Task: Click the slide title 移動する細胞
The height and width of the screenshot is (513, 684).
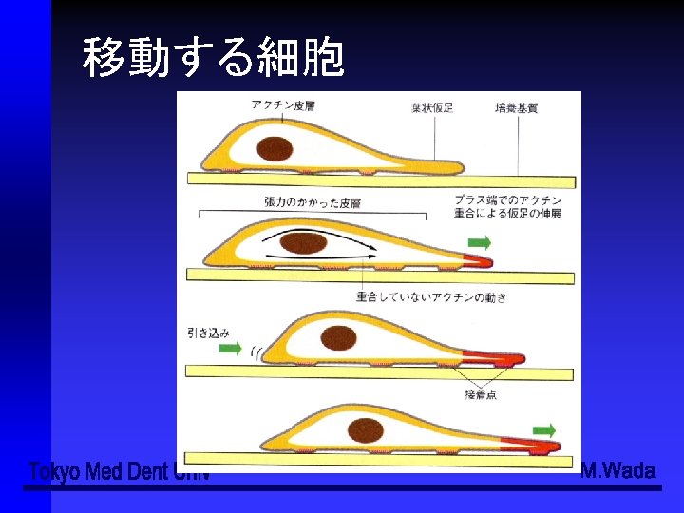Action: [213, 57]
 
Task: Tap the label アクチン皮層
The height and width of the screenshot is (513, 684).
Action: [285, 104]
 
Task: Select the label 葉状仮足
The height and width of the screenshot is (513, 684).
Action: [433, 107]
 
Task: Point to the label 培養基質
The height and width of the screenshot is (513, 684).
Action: [517, 107]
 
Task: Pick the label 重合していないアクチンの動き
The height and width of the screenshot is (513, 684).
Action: [431, 297]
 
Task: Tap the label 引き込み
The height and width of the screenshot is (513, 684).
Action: [208, 332]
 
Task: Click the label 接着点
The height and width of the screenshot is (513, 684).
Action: [480, 394]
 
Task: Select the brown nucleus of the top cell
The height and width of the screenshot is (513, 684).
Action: [275, 147]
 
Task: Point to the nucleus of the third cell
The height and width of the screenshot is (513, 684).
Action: [339, 336]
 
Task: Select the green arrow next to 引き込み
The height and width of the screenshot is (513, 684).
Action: [230, 349]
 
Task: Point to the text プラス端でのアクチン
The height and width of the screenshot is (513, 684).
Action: [507, 200]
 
